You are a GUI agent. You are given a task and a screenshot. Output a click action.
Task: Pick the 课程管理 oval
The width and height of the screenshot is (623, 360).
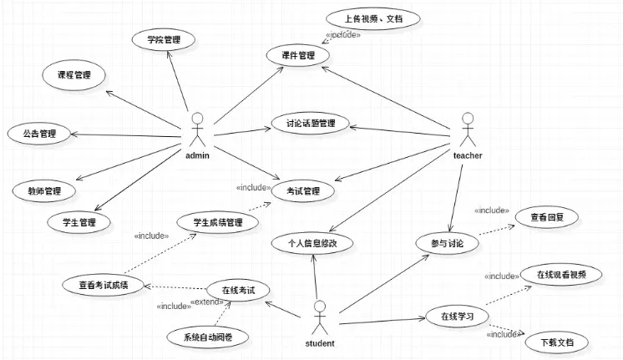coord(75,75)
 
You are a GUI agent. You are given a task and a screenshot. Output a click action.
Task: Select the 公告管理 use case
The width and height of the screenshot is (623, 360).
coord(38,132)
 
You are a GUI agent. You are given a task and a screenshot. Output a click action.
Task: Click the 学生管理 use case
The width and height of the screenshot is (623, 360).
coord(79,222)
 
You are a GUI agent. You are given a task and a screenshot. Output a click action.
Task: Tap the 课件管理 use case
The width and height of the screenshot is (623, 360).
coord(298,56)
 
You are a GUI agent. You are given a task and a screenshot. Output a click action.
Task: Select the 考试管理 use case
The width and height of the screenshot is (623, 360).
coord(303,190)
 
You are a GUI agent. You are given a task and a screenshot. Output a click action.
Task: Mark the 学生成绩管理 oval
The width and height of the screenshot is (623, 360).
coord(218,222)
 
